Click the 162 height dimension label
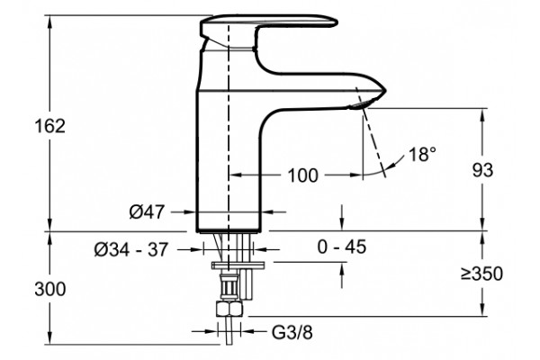click(x=49, y=126)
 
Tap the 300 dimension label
click(x=49, y=289)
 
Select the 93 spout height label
click(x=482, y=170)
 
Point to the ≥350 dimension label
click(x=481, y=274)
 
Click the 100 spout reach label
click(x=302, y=175)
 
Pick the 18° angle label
click(x=422, y=154)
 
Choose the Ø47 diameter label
click(x=147, y=211)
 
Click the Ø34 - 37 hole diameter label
click(x=131, y=249)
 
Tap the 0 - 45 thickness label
click(x=342, y=247)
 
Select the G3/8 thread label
click(x=292, y=332)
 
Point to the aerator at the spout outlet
click(x=358, y=104)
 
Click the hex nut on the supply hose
click(x=229, y=309)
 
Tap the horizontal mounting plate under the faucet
click(x=238, y=265)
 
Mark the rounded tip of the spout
click(x=383, y=91)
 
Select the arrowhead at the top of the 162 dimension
click(x=50, y=22)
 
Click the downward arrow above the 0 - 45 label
click(x=342, y=218)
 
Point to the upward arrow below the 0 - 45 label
click(x=342, y=275)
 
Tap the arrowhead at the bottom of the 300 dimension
click(x=50, y=337)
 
